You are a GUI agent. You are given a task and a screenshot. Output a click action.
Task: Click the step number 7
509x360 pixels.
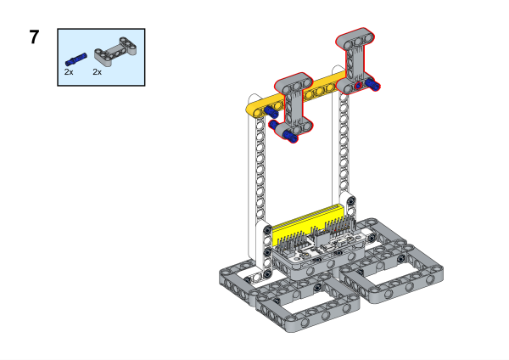click(x=35, y=37)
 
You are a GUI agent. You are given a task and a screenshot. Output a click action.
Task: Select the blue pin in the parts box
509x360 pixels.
click(x=76, y=59)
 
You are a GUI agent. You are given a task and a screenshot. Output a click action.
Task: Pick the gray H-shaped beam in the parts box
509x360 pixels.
click(x=115, y=51)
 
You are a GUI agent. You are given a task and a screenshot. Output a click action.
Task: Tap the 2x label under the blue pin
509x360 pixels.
click(x=69, y=72)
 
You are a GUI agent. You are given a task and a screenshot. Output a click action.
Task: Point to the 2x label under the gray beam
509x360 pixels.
click(x=97, y=72)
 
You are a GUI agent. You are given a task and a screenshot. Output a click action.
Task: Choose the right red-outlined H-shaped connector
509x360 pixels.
click(x=355, y=62)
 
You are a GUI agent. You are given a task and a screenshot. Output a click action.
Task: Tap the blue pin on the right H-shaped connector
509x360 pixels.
click(x=372, y=84)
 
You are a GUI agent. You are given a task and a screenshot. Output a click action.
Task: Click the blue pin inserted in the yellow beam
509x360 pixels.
click(x=271, y=112)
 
